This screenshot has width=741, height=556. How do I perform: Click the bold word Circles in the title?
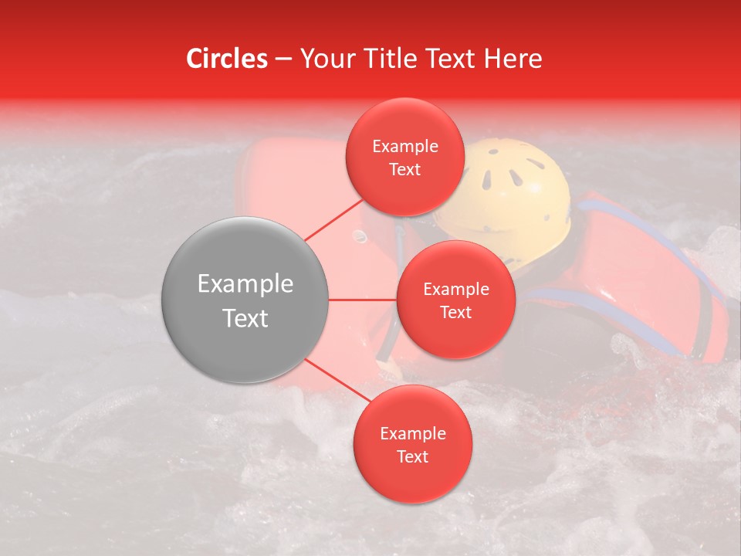click(226, 59)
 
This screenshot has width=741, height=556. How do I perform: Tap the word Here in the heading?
click(514, 59)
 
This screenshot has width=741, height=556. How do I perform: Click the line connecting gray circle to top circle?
click(333, 219)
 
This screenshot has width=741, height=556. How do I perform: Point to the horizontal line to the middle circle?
click(363, 300)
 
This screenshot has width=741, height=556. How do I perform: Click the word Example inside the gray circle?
click(245, 284)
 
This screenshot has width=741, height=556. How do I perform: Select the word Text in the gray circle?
click(245, 318)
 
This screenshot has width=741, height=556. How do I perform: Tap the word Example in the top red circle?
click(404, 147)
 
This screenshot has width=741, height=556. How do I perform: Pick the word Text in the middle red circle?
click(455, 313)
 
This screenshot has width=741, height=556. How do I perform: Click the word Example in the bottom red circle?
click(412, 434)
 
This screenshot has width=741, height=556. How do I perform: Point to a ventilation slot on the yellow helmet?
click(488, 180)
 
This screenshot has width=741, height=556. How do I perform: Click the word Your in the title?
click(325, 59)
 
